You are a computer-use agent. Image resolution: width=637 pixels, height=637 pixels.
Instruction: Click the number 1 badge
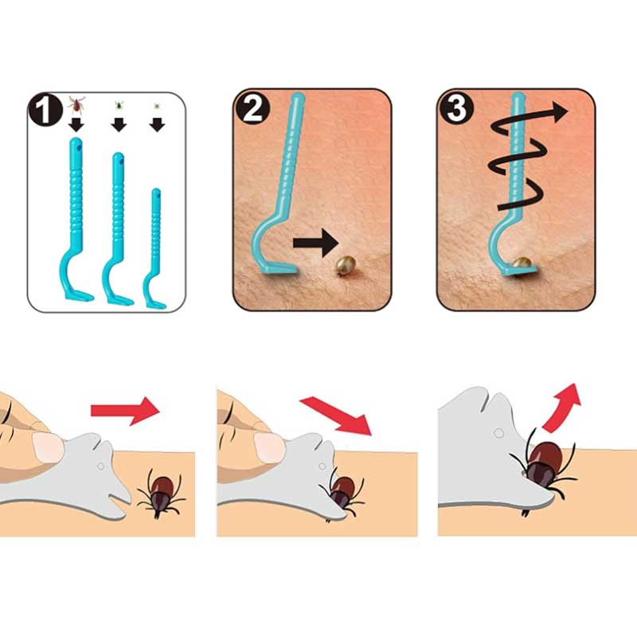(x=45, y=109)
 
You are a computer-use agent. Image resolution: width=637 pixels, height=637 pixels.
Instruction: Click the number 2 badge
(x=252, y=107)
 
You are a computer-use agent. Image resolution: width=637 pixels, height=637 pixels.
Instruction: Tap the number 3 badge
(x=455, y=107)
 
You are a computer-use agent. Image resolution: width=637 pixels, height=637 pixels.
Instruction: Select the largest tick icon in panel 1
(x=76, y=104)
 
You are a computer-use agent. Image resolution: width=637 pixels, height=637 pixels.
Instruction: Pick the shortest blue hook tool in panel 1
(x=154, y=248)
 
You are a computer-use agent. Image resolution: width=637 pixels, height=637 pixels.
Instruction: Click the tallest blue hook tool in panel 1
(x=76, y=220)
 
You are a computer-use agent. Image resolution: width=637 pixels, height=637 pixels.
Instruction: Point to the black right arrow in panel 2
(x=315, y=243)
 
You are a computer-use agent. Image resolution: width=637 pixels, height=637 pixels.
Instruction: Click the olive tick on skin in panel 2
(x=345, y=265)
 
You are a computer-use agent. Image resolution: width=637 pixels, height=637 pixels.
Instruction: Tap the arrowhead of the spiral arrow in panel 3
(x=560, y=111)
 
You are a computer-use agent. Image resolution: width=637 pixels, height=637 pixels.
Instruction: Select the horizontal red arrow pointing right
(x=125, y=411)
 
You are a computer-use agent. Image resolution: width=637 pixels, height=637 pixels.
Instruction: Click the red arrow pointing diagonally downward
(x=336, y=416)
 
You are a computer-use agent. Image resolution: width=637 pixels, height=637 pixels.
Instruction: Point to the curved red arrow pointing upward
(x=561, y=407)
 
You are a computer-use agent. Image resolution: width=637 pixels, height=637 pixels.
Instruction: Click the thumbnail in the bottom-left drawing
(x=48, y=447)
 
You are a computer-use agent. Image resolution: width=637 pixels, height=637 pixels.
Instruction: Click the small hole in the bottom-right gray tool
(x=498, y=433)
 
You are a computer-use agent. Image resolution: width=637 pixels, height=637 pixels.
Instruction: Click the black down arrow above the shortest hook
(x=157, y=125)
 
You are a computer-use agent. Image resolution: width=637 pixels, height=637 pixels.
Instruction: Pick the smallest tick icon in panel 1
(x=157, y=107)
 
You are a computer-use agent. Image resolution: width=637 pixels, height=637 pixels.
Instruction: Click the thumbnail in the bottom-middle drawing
(x=269, y=447)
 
